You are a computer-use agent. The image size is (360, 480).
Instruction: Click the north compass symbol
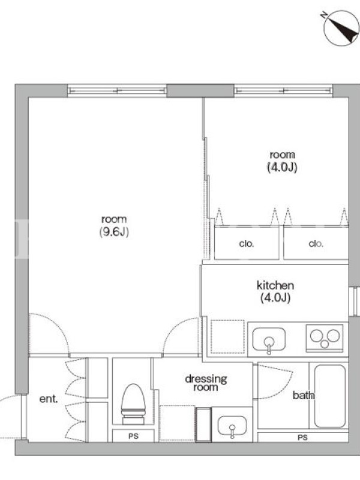[341, 28]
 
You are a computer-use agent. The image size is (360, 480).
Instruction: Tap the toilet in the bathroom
[133, 404]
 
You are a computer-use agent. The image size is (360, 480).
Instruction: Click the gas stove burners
[325, 338]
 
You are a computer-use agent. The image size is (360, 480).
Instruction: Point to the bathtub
[329, 396]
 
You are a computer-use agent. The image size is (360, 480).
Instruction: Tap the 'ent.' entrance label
[49, 398]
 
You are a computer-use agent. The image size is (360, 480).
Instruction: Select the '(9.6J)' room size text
[114, 232]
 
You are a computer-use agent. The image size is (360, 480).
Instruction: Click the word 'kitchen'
[275, 286]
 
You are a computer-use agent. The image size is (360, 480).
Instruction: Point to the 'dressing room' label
[206, 383]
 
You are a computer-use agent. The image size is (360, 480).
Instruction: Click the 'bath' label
[304, 395]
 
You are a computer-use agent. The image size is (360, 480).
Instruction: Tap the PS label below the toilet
[133, 436]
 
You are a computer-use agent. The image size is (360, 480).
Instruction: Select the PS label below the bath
[302, 437]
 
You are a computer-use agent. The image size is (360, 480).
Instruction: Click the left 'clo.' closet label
[247, 244]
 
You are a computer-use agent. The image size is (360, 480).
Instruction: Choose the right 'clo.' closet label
[316, 244]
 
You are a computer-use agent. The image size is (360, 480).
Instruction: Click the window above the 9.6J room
[117, 91]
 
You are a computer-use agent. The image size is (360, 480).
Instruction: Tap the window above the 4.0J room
[283, 91]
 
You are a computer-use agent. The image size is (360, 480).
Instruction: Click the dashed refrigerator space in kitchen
[227, 337]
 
